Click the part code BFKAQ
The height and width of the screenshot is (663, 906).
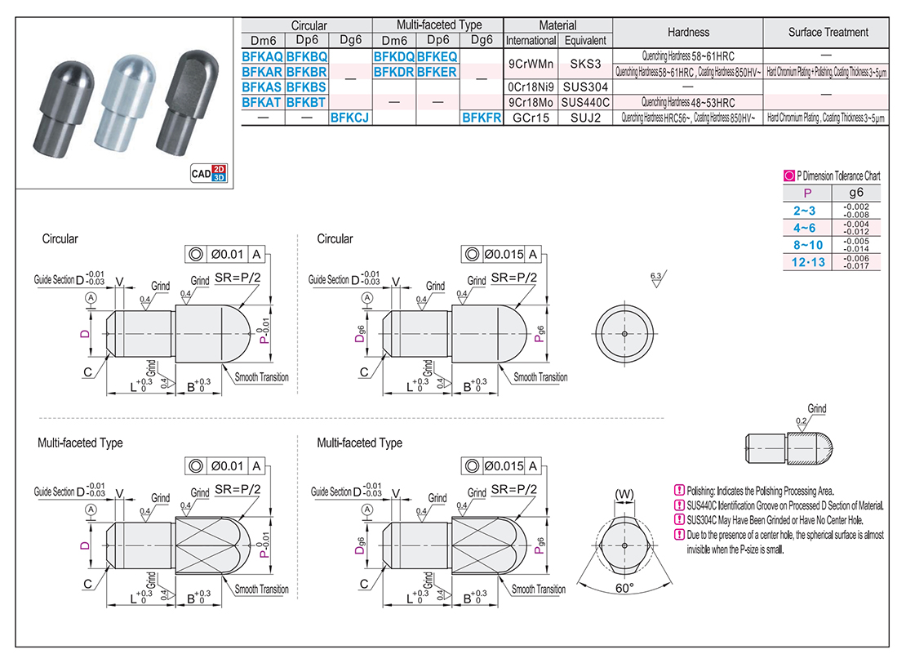pos(262,57)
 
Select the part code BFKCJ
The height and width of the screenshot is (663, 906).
pos(350,118)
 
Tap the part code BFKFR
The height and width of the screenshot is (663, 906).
pos(481,118)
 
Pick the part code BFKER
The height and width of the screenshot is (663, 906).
pos(437,72)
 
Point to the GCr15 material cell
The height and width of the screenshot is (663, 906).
pos(531,118)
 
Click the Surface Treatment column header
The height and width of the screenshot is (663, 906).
pos(828,33)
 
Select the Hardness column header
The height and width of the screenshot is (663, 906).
pos(687,33)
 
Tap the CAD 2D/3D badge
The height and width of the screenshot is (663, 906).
pos(207,172)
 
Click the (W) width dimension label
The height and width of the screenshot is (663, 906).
pos(624,494)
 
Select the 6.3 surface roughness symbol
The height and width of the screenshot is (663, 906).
pos(655,279)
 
